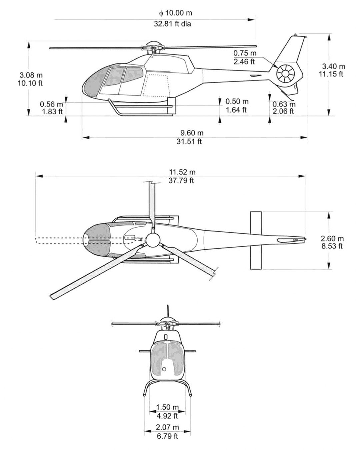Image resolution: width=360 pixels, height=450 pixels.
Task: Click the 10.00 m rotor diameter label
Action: coord(176,13)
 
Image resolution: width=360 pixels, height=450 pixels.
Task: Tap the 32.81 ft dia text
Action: coord(172,24)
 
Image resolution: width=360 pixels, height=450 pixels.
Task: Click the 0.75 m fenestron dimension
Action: coord(245,53)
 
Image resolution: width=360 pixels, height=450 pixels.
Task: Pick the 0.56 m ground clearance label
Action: coord(51,104)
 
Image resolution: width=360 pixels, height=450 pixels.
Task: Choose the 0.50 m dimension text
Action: coord(237,101)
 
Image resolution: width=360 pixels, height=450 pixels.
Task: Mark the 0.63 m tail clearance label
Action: coord(284,104)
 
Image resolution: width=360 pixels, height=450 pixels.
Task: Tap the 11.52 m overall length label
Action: coord(182,172)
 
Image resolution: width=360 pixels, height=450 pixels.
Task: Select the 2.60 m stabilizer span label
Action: coord(332,239)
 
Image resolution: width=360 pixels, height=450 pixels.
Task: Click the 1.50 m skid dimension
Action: coord(167,407)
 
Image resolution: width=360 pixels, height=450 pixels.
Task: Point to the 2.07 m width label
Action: coord(167,427)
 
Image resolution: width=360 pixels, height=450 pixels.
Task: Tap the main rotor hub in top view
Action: coord(153,239)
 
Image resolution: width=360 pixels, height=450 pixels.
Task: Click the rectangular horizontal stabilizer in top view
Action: coord(256,240)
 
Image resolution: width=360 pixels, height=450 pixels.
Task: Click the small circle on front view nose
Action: coord(164,369)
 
